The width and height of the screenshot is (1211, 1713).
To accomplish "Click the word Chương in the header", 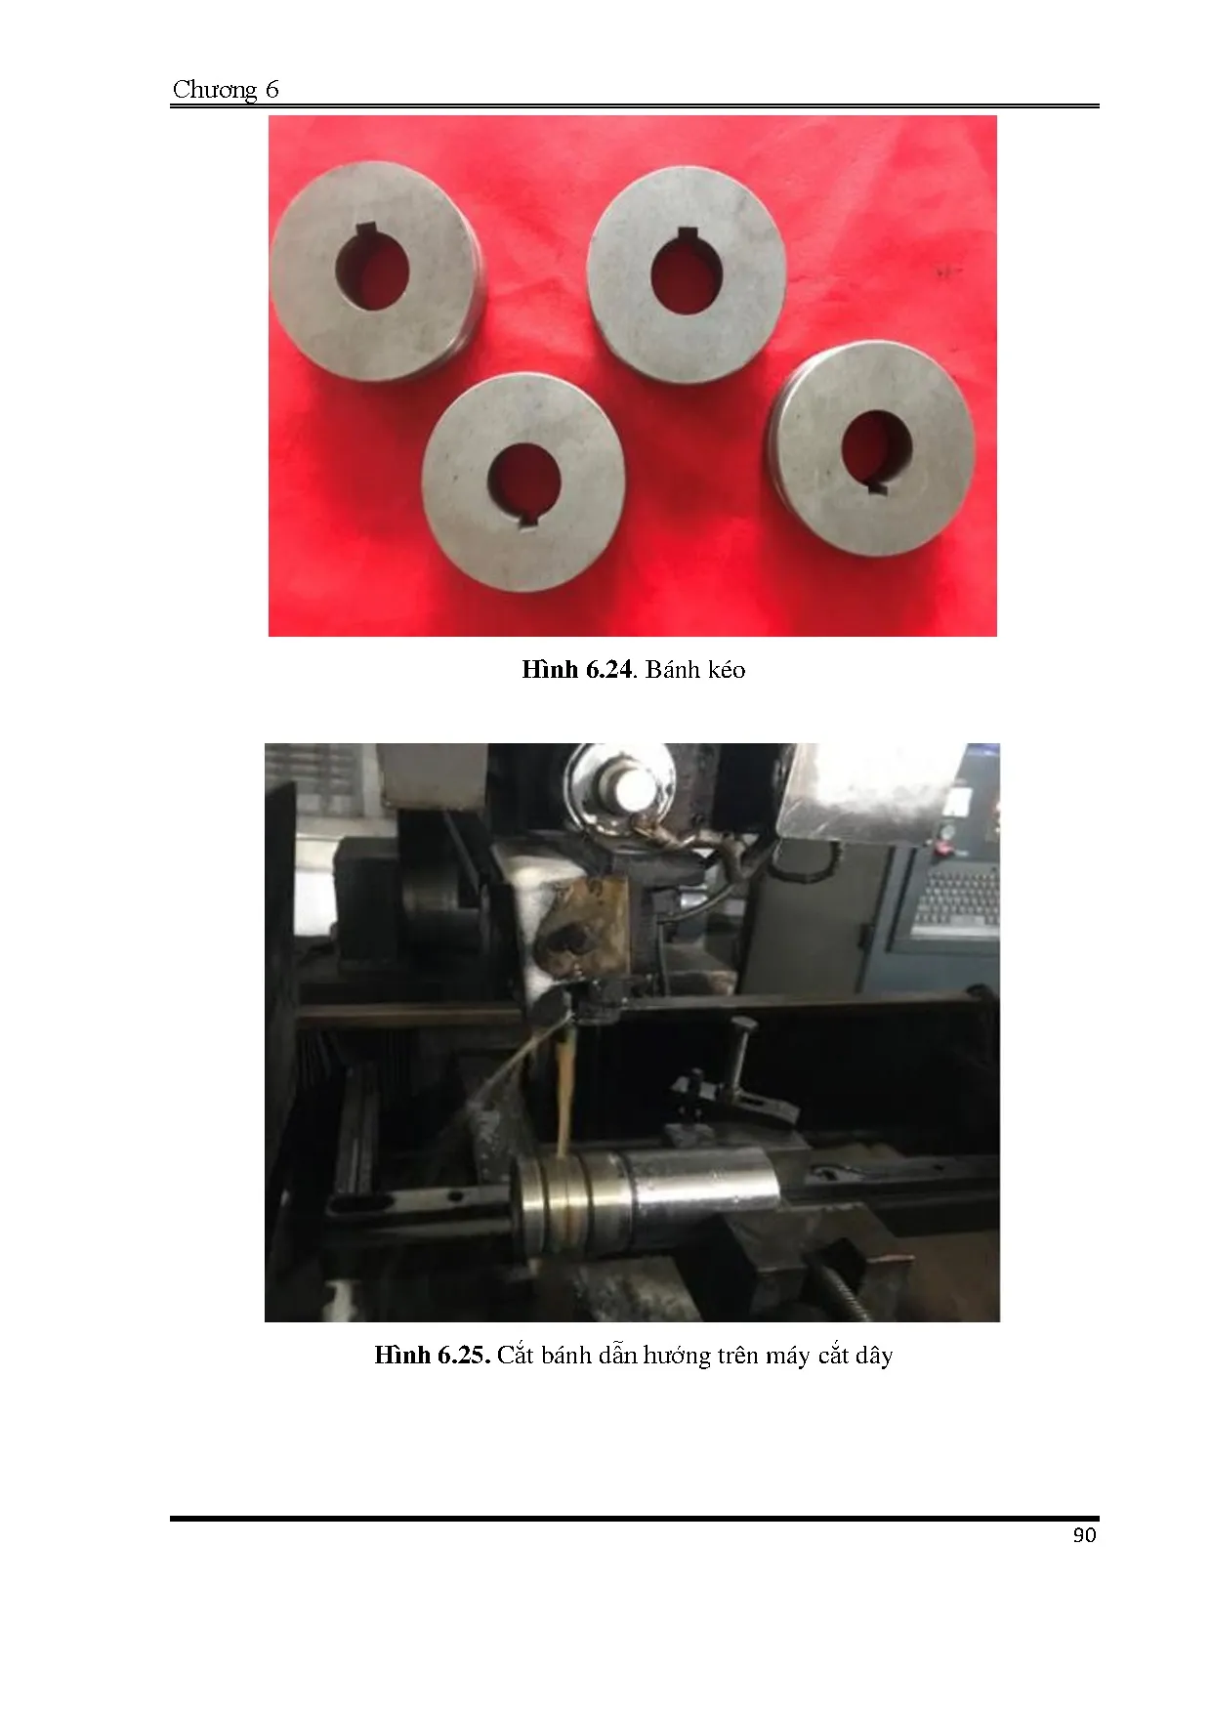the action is coord(215,91).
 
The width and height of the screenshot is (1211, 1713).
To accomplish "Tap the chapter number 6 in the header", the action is coord(271,90).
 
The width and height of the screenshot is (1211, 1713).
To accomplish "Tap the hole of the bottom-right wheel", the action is coord(877,450).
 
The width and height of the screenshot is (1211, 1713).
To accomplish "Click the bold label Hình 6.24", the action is coord(577,670).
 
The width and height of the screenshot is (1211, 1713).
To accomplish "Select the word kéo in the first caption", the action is coord(722,670).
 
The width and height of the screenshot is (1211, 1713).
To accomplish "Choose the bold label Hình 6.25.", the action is coord(431,1356).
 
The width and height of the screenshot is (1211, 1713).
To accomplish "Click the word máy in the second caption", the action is coord(788,1357).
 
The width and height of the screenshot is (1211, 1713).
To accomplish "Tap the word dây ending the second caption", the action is coord(873,1357).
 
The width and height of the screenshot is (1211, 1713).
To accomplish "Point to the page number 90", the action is coord(1084,1535).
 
